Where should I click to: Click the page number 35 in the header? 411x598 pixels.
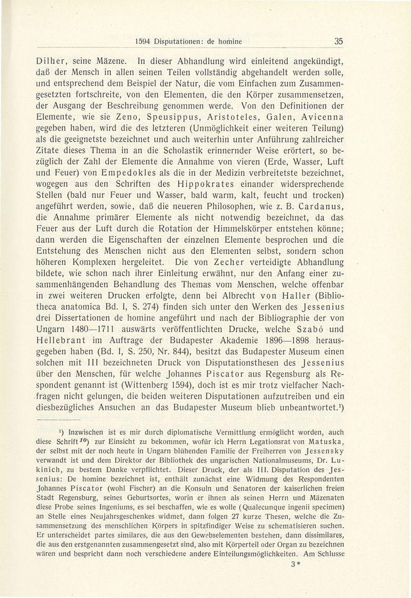(x=338, y=42)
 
